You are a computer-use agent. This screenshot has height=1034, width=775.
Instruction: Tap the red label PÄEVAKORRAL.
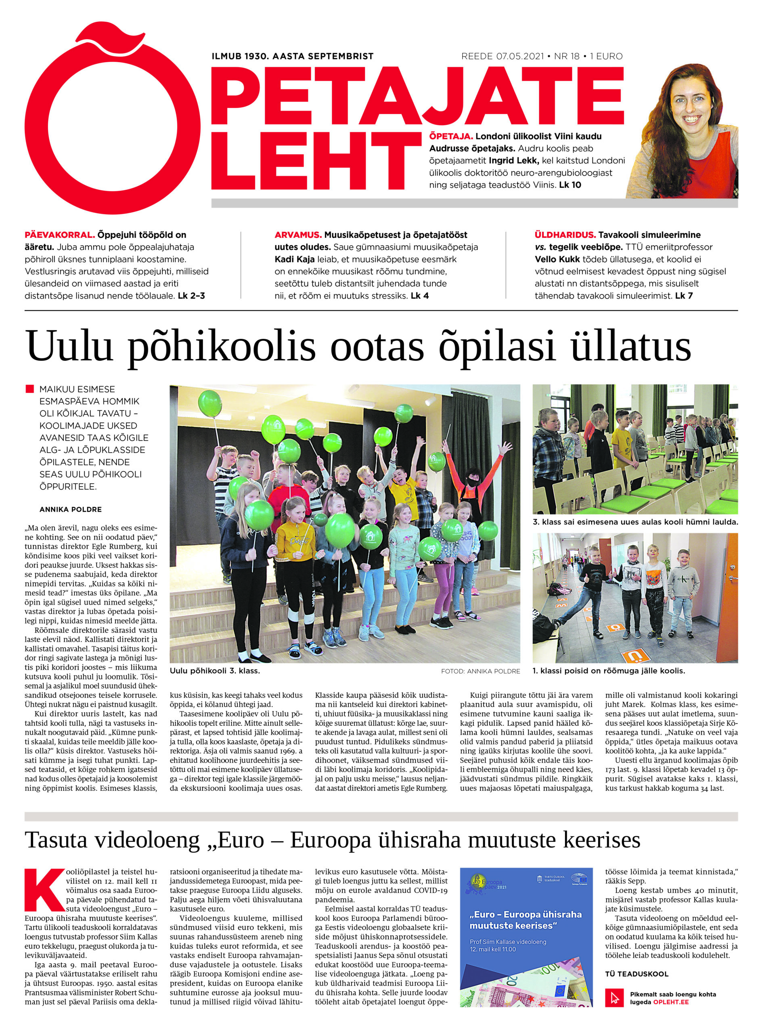tap(60, 235)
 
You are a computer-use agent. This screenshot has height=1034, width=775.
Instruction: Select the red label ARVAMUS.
tap(298, 235)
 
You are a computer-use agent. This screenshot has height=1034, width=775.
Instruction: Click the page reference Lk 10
tap(570, 185)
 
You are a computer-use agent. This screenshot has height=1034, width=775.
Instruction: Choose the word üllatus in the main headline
tap(630, 347)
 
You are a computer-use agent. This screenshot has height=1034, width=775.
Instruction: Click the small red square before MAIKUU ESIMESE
tap(30, 389)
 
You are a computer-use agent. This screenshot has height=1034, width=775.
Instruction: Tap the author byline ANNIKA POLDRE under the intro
tap(71, 509)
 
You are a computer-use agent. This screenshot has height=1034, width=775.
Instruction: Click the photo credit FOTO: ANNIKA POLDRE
tap(480, 671)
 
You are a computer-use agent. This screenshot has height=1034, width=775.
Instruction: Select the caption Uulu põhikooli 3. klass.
tap(215, 671)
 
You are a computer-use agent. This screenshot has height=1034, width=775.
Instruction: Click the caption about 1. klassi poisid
tap(609, 671)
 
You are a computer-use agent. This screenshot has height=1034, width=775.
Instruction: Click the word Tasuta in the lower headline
tap(56, 840)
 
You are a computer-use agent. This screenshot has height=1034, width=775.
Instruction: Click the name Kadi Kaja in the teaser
tap(294, 259)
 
